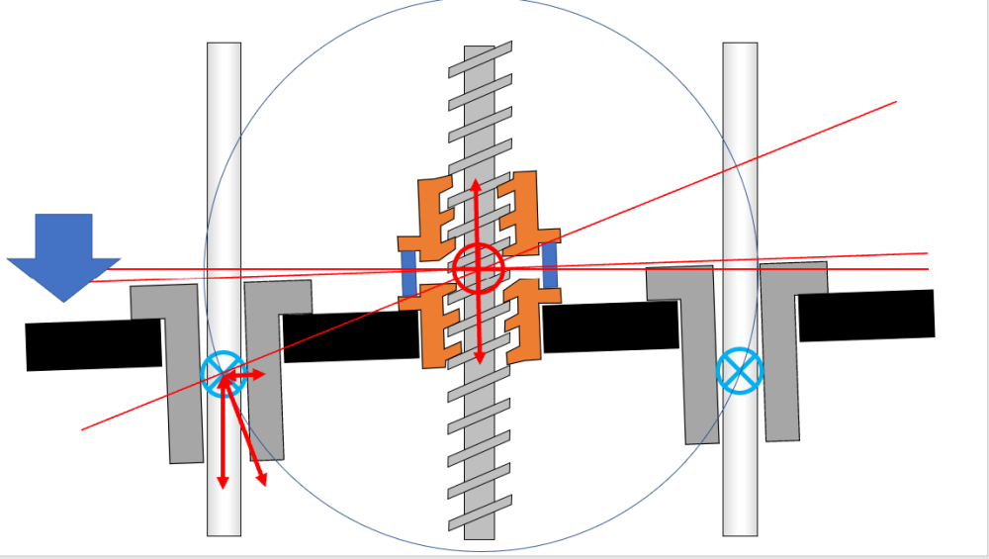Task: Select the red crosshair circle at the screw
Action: coord(479,268)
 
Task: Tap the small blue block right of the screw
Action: coord(549,266)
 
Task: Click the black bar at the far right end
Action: coord(865,315)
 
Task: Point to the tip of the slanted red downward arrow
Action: coord(265,484)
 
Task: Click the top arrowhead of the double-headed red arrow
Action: coord(476,183)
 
